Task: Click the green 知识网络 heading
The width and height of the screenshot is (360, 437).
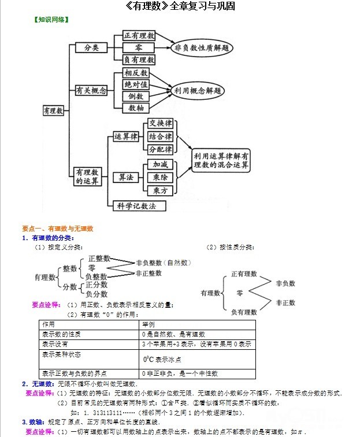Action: (x=51, y=19)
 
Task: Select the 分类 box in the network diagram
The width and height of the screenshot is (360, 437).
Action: (x=91, y=47)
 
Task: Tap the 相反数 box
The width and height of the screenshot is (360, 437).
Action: (x=137, y=73)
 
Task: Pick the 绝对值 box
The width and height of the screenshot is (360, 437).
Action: (x=137, y=85)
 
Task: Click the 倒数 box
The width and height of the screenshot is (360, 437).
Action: (x=137, y=96)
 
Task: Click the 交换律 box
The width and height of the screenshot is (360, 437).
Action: (x=160, y=124)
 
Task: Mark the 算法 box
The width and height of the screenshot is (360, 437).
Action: (x=126, y=177)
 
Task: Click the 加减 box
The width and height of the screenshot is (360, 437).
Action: (x=160, y=165)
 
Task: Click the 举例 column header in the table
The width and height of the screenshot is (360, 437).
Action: (x=149, y=324)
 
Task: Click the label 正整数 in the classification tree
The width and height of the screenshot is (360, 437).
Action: (x=99, y=259)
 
